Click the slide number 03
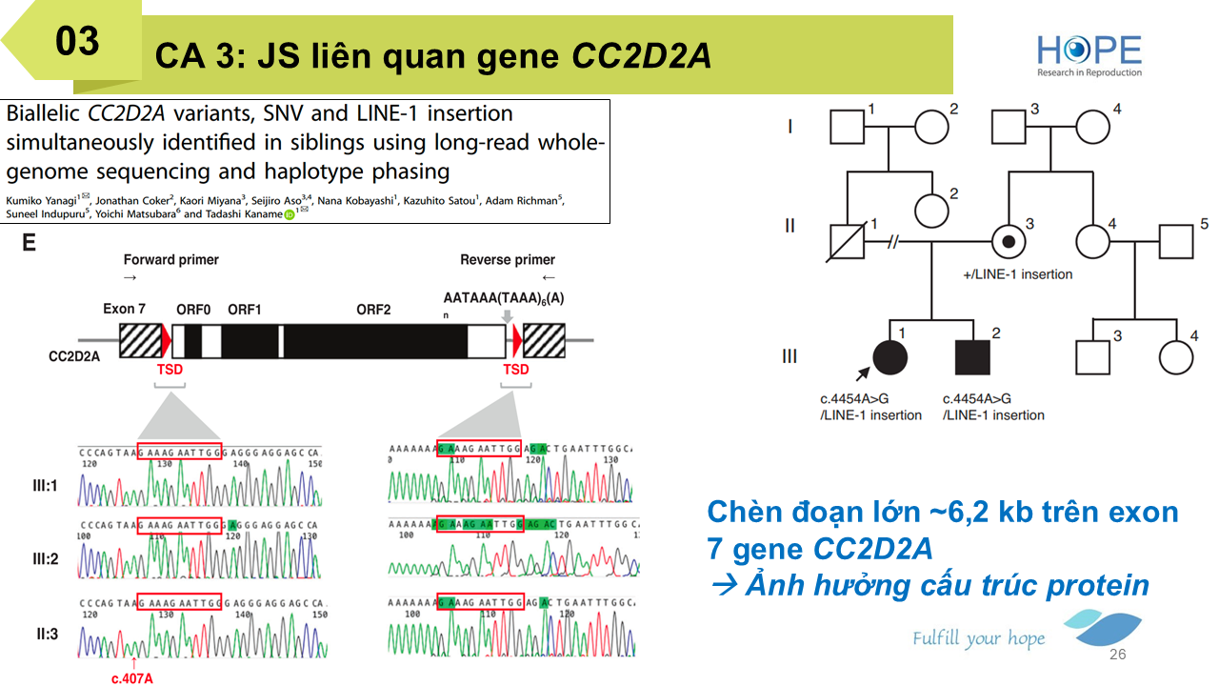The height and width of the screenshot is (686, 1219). pyautogui.click(x=77, y=41)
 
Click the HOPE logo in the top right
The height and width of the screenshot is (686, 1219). pyautogui.click(x=1089, y=54)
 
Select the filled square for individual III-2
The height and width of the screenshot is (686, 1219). pyautogui.click(x=973, y=356)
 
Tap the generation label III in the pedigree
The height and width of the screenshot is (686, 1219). pyautogui.click(x=789, y=356)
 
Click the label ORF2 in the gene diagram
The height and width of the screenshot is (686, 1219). pyautogui.click(x=373, y=310)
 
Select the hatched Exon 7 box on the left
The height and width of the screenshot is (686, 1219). pyautogui.click(x=140, y=340)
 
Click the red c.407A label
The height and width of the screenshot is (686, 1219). pyautogui.click(x=132, y=678)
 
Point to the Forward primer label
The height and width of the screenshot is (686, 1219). pyautogui.click(x=171, y=259)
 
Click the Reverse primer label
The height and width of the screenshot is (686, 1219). pyautogui.click(x=508, y=259)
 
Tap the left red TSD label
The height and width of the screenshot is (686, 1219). pyautogui.click(x=170, y=369)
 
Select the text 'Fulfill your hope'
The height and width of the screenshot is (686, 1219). pyautogui.click(x=978, y=638)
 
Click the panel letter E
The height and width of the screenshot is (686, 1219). pyautogui.click(x=30, y=244)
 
